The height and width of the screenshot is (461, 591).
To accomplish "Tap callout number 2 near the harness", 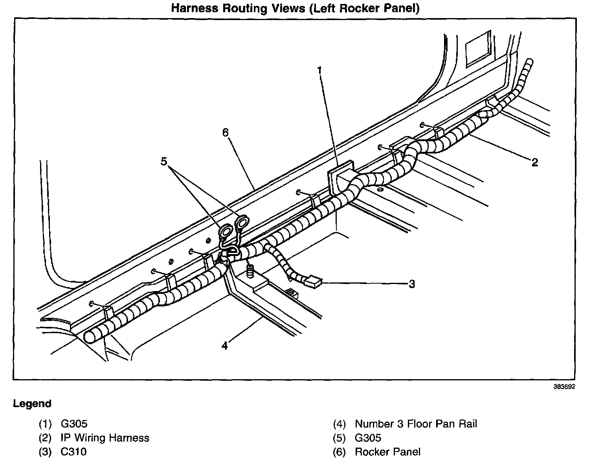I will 534,162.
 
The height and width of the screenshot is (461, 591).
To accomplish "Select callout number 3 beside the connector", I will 411,284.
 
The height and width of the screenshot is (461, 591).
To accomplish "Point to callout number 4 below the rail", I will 224,346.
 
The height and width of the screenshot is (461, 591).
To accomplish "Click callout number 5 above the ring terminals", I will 164,161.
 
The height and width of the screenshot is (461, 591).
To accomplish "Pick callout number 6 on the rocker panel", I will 225,133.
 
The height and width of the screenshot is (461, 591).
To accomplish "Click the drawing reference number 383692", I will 564,387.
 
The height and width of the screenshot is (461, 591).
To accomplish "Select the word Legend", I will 32,404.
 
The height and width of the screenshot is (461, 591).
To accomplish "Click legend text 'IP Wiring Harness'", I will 105,438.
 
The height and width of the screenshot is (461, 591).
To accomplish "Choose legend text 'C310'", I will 73,452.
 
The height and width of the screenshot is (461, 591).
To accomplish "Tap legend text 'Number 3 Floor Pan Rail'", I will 416,424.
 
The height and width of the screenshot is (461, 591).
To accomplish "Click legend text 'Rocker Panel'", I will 387,452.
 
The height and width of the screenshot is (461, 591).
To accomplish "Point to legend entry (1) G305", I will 63,424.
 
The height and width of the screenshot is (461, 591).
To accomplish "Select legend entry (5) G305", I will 357,438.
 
